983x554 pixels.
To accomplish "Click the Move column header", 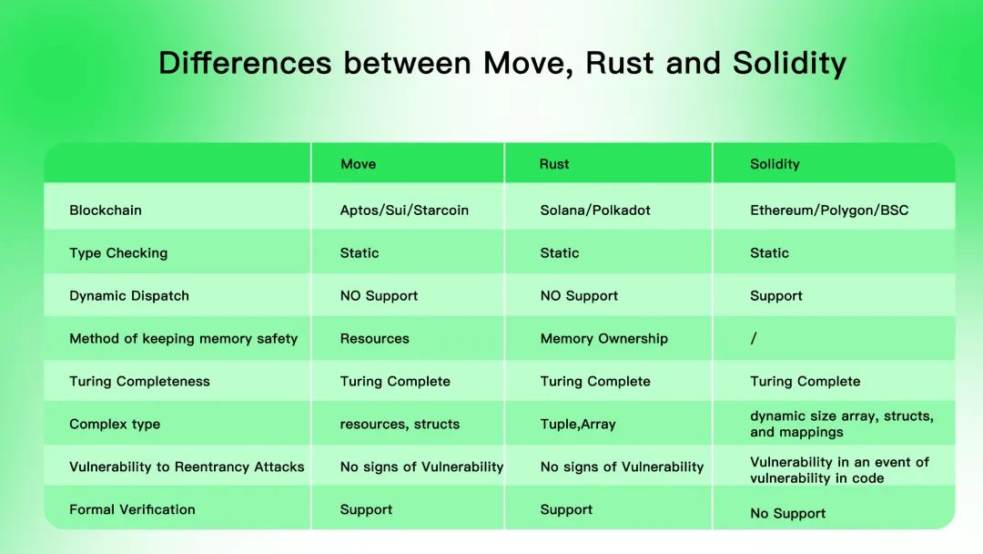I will tap(358, 164).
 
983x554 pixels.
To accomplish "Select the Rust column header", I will tap(553, 164).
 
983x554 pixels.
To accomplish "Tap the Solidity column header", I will tap(775, 164).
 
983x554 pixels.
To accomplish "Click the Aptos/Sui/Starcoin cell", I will tap(404, 210).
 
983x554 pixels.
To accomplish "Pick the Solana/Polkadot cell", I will tap(595, 210).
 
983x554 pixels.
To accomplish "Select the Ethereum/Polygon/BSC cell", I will tap(829, 210).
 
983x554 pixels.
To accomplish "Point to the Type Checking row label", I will tap(118, 253).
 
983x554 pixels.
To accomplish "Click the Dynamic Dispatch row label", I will tap(129, 296).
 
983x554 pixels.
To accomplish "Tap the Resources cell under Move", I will tap(374, 339).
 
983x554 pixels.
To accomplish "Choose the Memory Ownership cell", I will tap(603, 339).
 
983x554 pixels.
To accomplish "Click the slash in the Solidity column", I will tap(754, 339).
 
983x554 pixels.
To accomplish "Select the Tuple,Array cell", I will tap(578, 425).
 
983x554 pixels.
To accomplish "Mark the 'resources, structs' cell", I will tap(400, 425).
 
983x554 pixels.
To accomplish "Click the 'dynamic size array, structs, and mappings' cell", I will tap(841, 424).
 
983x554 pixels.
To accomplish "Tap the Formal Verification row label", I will tap(132, 509).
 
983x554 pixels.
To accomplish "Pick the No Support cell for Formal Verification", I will tap(787, 514).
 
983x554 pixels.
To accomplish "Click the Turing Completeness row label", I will tap(139, 382).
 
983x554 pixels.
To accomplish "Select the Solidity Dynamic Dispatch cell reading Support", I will tap(775, 296).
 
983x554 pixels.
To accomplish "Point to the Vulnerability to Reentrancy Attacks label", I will tap(187, 467).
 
